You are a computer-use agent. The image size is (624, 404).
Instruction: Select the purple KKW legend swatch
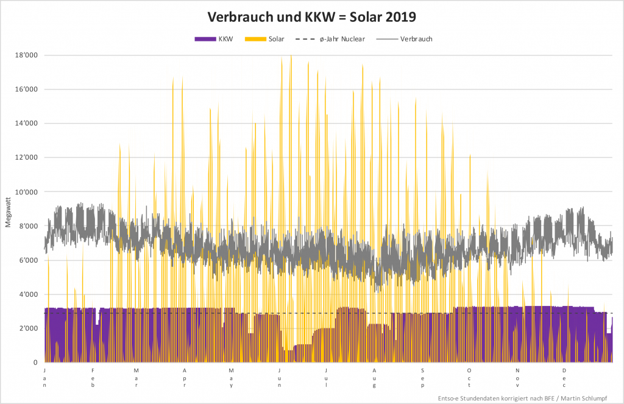point(205,39)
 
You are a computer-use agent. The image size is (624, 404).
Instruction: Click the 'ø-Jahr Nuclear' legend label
point(342,39)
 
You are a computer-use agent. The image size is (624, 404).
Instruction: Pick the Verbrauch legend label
point(417,39)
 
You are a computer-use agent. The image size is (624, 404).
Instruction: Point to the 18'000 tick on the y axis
point(26,55)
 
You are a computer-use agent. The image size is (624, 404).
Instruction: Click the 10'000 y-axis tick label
point(26,192)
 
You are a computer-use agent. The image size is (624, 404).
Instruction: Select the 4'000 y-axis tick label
point(27,294)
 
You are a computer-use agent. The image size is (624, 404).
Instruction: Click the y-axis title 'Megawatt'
point(9,211)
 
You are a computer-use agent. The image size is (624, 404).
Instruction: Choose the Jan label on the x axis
point(45,377)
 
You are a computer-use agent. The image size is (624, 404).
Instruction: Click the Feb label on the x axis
point(93,377)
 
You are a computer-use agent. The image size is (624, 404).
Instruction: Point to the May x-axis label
point(231,377)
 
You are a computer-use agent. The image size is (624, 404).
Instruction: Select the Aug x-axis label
point(375,377)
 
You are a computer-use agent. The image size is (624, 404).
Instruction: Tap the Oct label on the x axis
point(469,377)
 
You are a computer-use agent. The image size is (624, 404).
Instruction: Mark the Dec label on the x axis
point(564,377)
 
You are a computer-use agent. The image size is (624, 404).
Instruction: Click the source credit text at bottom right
point(527,398)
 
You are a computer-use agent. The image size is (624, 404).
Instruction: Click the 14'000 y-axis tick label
point(26,124)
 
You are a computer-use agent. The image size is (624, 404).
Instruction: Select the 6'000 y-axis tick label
point(27,260)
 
